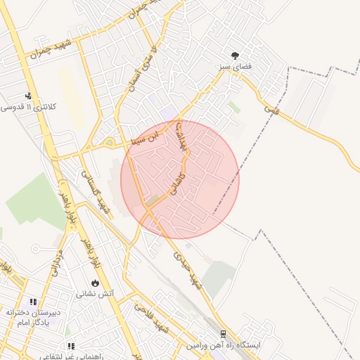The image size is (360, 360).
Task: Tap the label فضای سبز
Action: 235,67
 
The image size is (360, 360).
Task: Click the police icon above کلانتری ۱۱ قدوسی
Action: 29,96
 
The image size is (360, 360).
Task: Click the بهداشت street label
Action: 181,135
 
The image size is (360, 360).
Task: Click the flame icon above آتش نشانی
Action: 95,283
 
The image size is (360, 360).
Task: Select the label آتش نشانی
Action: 95,294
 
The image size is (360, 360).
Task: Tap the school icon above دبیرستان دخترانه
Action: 32,302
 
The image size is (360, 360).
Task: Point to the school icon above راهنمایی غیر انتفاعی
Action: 71,346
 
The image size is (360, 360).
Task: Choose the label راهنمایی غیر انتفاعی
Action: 70,356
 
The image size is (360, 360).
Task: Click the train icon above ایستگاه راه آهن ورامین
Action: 224,334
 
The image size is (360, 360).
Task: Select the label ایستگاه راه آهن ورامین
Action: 224,345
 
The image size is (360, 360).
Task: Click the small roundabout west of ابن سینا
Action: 110,143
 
